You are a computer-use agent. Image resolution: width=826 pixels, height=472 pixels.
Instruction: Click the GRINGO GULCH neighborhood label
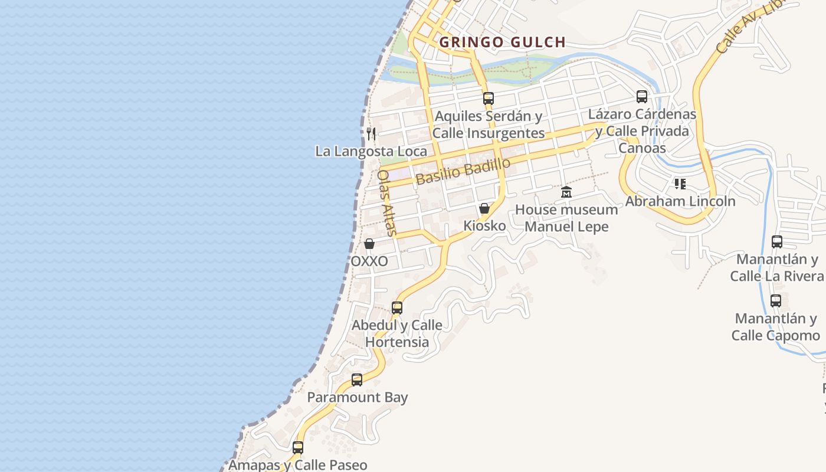(x=503, y=42)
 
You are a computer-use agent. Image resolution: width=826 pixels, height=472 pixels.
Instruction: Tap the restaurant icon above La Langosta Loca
(x=371, y=134)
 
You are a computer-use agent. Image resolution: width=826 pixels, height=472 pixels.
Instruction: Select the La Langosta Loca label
(x=371, y=151)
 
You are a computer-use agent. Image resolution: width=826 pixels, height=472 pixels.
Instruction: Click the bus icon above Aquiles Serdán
(x=488, y=99)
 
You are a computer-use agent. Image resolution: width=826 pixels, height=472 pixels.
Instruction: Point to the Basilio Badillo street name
(x=463, y=171)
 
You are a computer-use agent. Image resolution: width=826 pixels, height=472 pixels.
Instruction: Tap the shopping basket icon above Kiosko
(x=484, y=208)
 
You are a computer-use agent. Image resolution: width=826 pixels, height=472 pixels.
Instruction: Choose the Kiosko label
(x=484, y=225)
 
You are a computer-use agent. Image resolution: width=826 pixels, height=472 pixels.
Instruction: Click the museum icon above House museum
(x=566, y=192)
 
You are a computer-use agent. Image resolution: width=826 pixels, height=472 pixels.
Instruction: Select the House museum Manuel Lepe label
(x=566, y=218)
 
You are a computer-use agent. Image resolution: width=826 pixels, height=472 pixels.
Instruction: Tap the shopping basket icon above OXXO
(x=369, y=244)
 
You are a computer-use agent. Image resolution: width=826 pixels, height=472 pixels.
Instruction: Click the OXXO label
(x=369, y=261)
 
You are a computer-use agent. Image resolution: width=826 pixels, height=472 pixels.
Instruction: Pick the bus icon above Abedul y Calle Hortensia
(x=397, y=308)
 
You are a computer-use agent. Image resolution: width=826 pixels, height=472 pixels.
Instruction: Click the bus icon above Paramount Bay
(x=357, y=380)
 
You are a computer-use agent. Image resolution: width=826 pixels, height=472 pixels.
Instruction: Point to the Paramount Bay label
(x=358, y=397)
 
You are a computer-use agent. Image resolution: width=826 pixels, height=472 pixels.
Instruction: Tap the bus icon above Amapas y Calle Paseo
(x=298, y=448)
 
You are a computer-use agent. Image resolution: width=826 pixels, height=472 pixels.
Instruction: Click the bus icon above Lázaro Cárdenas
(x=642, y=97)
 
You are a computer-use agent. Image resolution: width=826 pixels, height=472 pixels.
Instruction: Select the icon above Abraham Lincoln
(x=680, y=184)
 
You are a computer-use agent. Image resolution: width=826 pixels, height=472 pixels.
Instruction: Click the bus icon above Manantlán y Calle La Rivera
(x=777, y=242)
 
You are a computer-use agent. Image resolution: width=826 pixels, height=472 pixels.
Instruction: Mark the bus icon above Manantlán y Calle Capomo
(x=776, y=301)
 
